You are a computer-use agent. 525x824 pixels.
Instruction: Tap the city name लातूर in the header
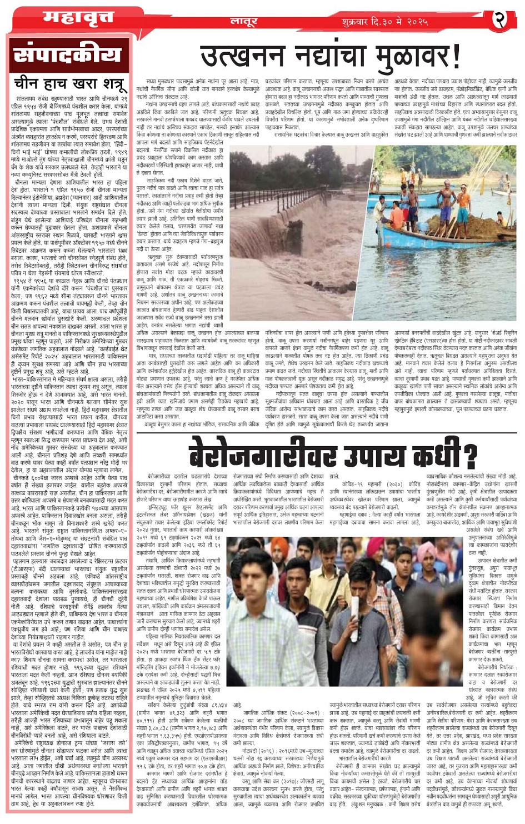(243, 22)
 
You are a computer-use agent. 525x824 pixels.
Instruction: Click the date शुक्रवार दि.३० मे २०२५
(385, 22)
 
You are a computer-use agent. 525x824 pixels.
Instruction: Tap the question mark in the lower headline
(471, 455)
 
